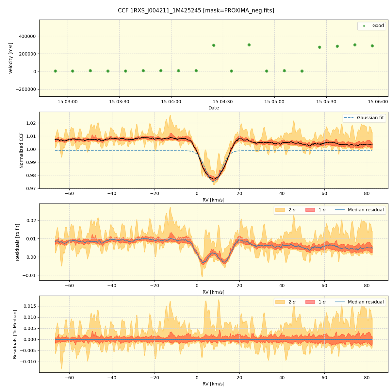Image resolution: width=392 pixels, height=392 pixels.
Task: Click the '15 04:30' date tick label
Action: click(x=222, y=102)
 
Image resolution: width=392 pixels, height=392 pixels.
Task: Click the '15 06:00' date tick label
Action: click(x=378, y=102)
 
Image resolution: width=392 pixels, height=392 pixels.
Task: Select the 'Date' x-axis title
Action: click(x=214, y=108)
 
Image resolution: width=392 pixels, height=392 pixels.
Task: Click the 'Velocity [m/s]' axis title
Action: click(x=11, y=58)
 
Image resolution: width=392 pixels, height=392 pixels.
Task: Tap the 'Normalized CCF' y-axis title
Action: click(x=22, y=150)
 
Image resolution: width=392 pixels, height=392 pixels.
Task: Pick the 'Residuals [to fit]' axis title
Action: click(x=18, y=242)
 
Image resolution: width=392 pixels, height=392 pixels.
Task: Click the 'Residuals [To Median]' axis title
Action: click(x=15, y=334)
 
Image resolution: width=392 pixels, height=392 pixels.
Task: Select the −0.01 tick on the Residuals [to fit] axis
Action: click(x=30, y=275)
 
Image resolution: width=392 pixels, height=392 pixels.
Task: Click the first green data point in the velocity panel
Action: click(x=55, y=71)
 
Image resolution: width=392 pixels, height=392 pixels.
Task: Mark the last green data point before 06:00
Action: click(x=372, y=46)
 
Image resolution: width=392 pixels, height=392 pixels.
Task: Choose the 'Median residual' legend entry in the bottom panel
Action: click(x=366, y=302)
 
